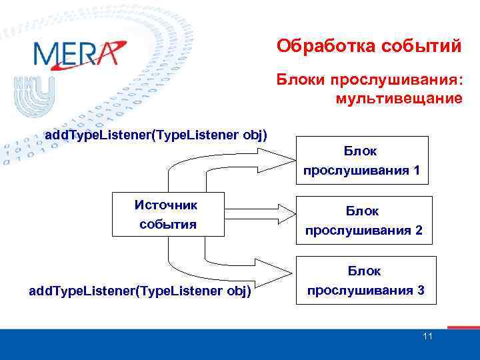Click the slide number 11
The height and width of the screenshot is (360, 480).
coord(427,336)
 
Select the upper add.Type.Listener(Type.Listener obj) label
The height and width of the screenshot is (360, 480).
coord(155,135)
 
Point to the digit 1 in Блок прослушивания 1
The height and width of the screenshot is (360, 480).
coord(416,170)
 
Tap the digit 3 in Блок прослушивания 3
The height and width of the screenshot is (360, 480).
coord(420,291)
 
